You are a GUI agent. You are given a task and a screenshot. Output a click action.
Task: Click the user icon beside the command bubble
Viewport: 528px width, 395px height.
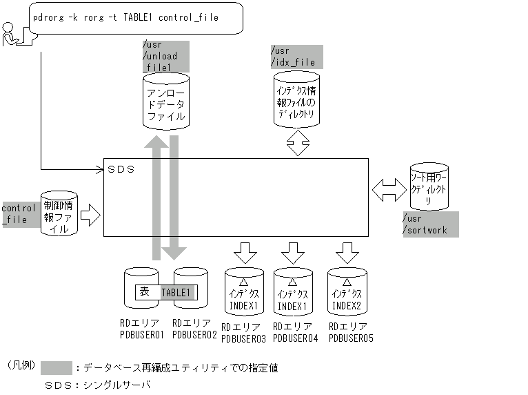(x=12, y=35)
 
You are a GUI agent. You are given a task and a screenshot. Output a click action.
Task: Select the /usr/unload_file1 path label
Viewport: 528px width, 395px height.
(x=165, y=56)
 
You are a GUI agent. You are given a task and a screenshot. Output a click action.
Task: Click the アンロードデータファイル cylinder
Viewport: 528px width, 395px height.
(x=165, y=104)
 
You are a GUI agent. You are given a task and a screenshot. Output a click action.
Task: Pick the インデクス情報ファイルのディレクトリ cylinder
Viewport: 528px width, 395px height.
(x=297, y=103)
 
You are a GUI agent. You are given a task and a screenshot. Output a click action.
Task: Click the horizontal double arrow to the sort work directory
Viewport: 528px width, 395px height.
(x=388, y=189)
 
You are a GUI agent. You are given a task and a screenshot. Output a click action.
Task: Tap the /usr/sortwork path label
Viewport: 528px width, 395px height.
(x=429, y=224)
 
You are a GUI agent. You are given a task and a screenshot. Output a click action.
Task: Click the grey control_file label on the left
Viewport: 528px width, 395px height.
(x=19, y=214)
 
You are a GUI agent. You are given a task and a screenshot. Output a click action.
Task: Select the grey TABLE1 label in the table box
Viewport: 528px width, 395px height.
(x=178, y=293)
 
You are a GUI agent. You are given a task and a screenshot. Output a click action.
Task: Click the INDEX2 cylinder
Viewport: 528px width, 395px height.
(x=347, y=293)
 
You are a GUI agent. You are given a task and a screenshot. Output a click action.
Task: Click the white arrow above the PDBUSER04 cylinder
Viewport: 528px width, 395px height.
(x=292, y=252)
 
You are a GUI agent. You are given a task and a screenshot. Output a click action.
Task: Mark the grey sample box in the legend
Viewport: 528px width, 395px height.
(x=56, y=368)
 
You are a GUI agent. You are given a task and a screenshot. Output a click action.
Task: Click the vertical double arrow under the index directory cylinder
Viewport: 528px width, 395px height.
(x=298, y=144)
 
